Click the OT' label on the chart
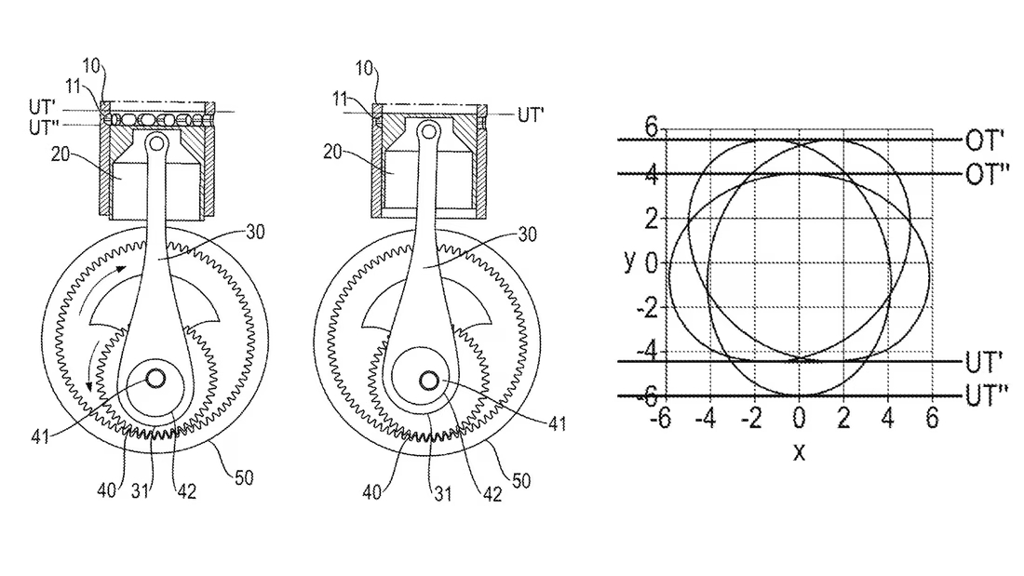point(984,141)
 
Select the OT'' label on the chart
point(987,174)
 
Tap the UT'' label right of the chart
point(987,395)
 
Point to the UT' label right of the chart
point(984,361)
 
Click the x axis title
point(800,451)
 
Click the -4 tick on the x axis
point(706,418)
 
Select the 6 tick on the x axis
point(932,418)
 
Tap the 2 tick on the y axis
point(651,219)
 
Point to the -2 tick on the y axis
point(647,307)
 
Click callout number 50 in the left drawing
point(244,477)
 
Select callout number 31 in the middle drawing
point(443,493)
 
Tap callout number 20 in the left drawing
point(61,154)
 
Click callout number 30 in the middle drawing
point(527,234)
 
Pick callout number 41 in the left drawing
point(40,436)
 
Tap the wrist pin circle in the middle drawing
point(429,131)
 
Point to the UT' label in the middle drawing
point(531,115)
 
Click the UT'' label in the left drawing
point(45,127)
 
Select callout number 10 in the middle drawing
point(364,68)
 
